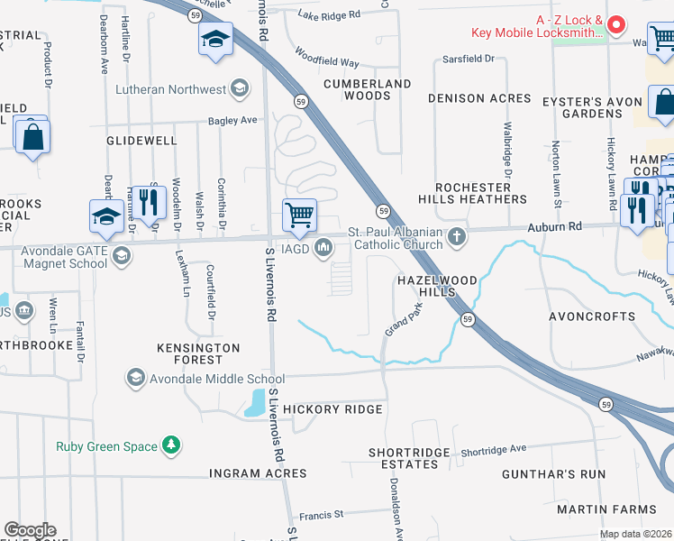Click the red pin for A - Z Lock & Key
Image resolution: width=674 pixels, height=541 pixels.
point(617,24)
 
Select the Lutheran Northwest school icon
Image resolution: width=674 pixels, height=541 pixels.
point(240,87)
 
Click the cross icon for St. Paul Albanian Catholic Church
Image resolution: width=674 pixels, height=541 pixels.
point(458,237)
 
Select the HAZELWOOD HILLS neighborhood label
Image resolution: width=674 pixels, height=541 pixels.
point(436,288)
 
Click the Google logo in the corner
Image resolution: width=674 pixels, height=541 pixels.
point(30,530)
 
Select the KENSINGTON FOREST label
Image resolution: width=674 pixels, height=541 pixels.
point(198,353)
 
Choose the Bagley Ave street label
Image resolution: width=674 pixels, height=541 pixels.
point(232,120)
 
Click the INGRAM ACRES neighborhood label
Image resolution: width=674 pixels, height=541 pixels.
point(258,472)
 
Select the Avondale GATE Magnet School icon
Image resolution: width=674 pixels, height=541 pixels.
point(123,257)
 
